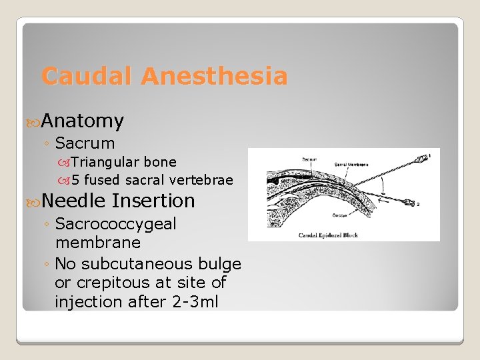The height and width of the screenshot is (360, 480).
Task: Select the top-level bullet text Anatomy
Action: tap(83, 121)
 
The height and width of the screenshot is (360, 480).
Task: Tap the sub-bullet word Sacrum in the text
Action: tap(85, 143)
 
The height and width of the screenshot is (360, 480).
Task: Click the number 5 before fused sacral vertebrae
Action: tap(75, 180)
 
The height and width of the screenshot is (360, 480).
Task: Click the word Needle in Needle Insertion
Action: tap(73, 201)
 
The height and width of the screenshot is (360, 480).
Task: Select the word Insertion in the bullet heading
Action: tap(154, 201)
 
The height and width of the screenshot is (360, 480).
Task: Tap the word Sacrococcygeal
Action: tap(116, 224)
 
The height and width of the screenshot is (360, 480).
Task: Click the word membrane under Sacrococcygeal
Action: tap(98, 243)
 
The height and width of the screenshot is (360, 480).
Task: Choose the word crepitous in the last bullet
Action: tap(115, 283)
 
